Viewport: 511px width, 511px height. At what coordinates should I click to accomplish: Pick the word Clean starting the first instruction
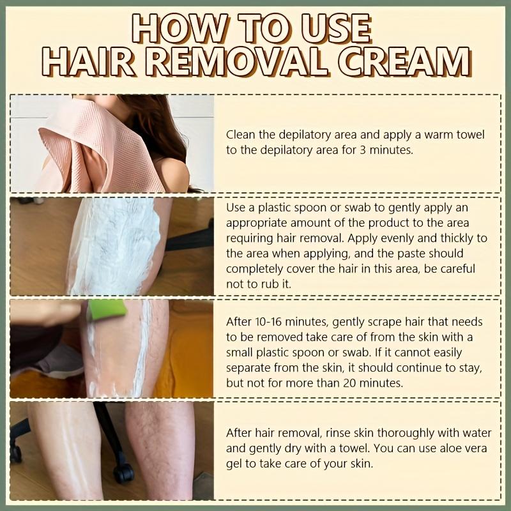(x=240, y=135)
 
